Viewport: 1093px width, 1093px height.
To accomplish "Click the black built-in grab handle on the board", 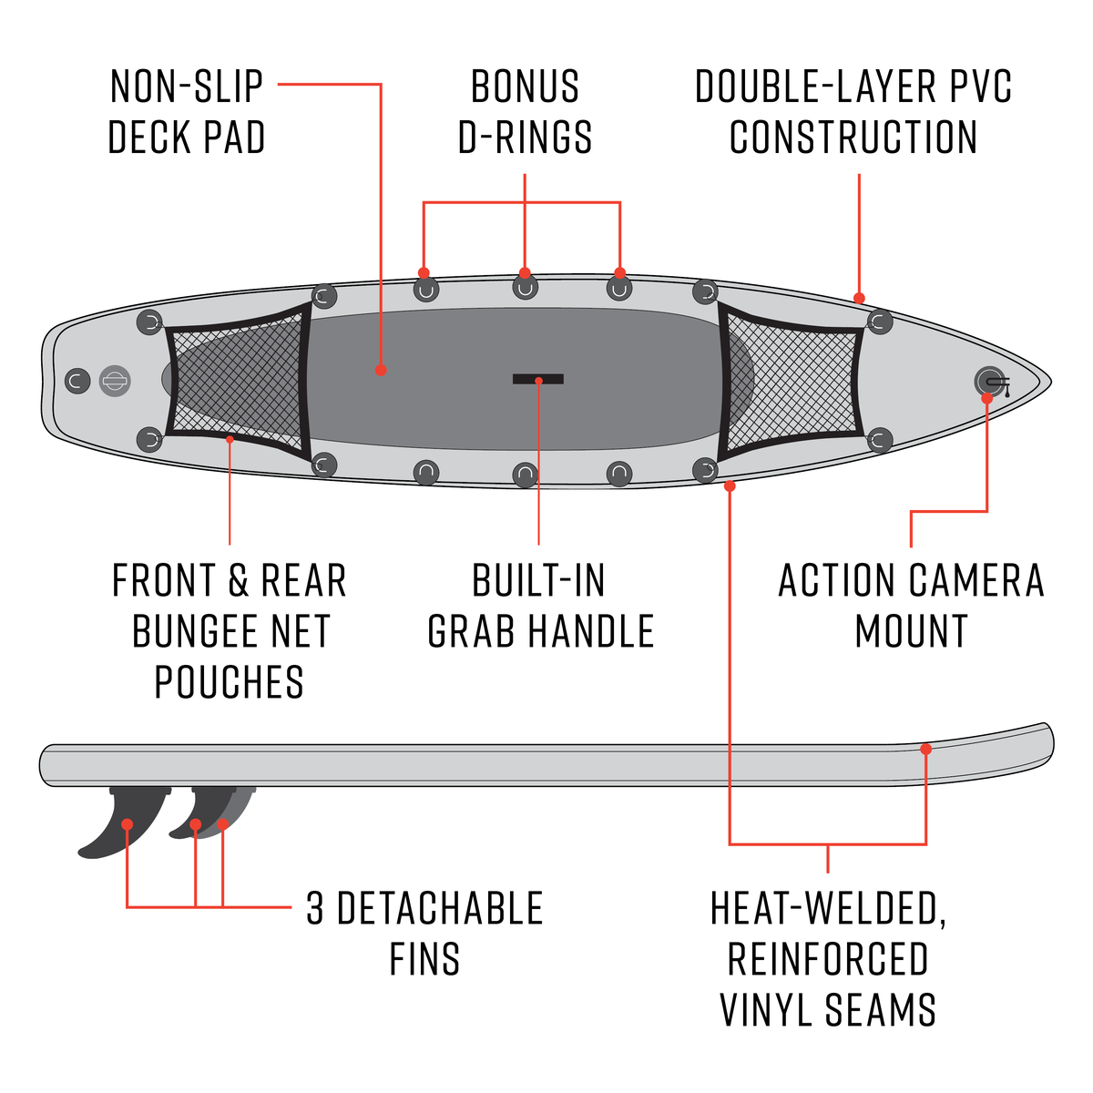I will tap(537, 379).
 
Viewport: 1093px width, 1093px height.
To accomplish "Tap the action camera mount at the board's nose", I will tap(988, 381).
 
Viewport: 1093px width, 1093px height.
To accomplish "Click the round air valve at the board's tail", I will tap(115, 381).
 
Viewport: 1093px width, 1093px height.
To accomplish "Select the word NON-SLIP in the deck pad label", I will tap(187, 87).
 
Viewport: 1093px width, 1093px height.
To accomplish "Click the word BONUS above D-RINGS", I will tap(525, 87).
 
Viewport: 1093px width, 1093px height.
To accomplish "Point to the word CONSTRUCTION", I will tap(853, 138).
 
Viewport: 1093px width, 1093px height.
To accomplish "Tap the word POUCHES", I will tap(229, 682).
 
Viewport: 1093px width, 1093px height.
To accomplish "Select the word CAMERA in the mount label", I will tap(976, 581).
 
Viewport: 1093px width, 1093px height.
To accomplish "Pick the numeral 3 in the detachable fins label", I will tap(315, 909).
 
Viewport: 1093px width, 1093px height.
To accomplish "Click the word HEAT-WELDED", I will tap(827, 909).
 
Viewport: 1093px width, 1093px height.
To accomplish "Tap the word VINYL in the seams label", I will tap(768, 1010).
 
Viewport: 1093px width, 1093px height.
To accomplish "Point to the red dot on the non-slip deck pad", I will tap(381, 370).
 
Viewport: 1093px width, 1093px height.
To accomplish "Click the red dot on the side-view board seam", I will tap(925, 749).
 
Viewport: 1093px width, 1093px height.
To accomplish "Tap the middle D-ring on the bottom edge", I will tap(525, 474).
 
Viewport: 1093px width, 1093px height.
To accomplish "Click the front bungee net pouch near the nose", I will tap(791, 383).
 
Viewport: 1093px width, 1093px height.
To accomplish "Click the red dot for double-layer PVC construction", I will tap(859, 298).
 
